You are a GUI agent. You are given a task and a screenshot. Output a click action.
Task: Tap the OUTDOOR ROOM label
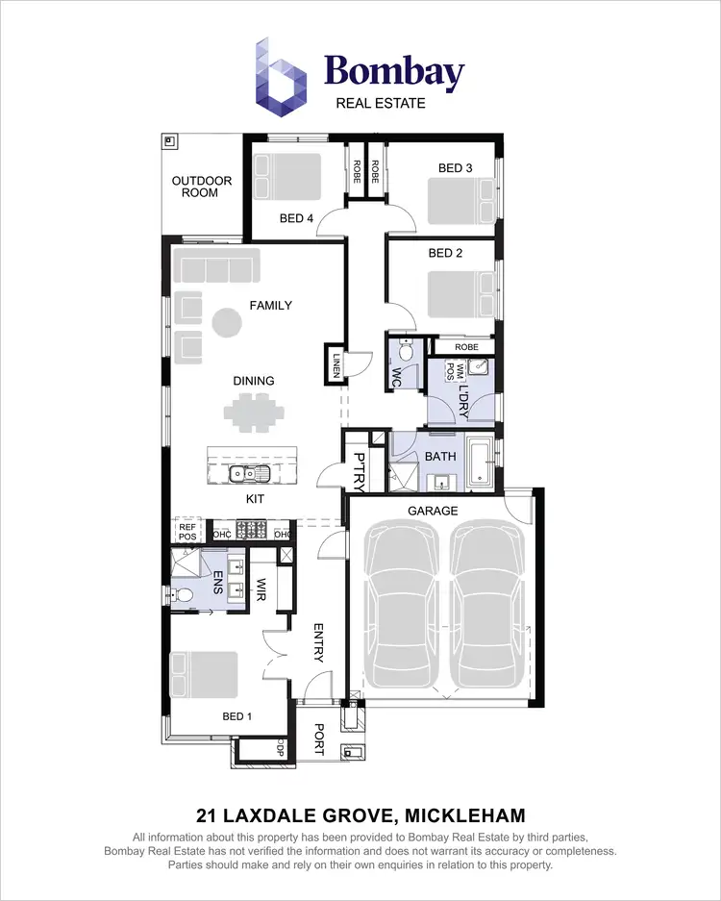pyautogui.click(x=202, y=187)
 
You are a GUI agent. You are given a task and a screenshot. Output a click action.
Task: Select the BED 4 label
pyautogui.click(x=296, y=218)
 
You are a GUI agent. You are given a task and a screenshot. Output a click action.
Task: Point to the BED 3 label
pyautogui.click(x=455, y=168)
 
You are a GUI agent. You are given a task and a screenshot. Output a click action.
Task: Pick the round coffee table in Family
pyautogui.click(x=228, y=322)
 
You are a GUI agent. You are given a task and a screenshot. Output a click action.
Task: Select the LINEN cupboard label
pyautogui.click(x=336, y=364)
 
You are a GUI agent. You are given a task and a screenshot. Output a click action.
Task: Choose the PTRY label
pyautogui.click(x=359, y=468)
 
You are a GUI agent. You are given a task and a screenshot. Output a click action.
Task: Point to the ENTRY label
pyautogui.click(x=320, y=642)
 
